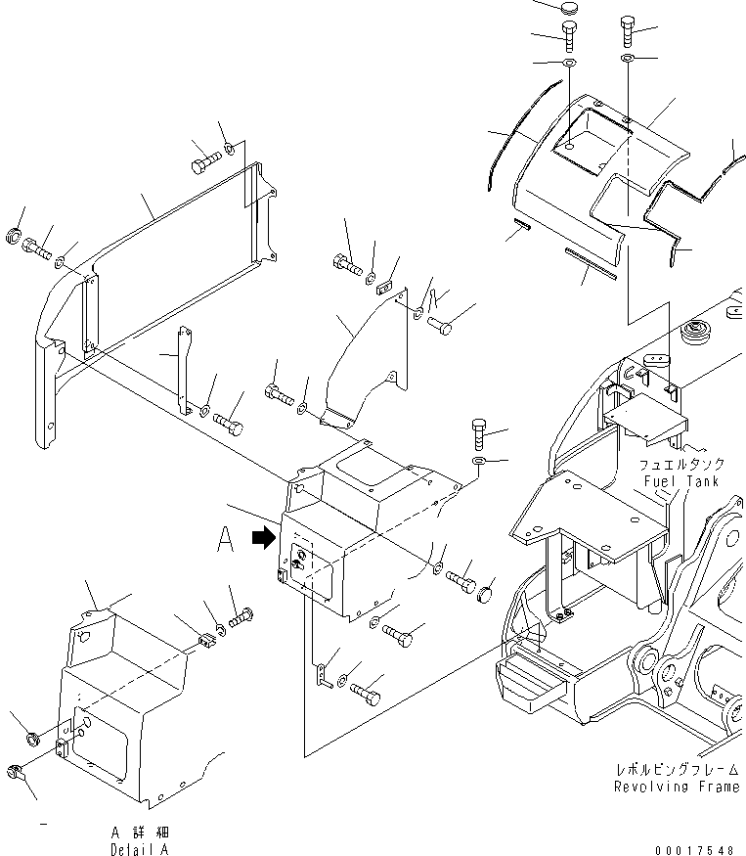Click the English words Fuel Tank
tap(681, 482)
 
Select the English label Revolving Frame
tap(677, 787)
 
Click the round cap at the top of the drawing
tap(570, 9)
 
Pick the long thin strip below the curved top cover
tap(591, 265)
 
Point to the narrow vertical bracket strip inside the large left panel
tap(182, 372)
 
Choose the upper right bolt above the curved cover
tap(627, 32)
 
